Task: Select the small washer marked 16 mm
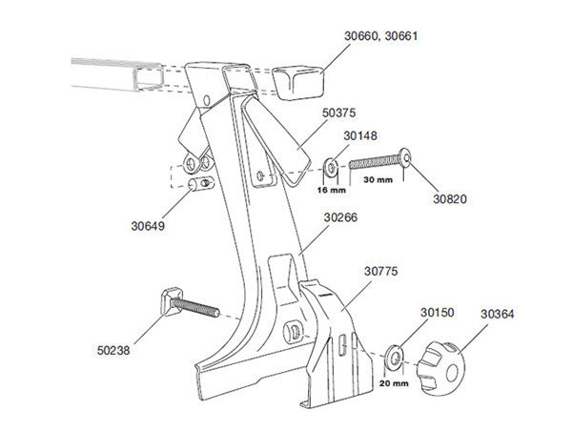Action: pos(330,168)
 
